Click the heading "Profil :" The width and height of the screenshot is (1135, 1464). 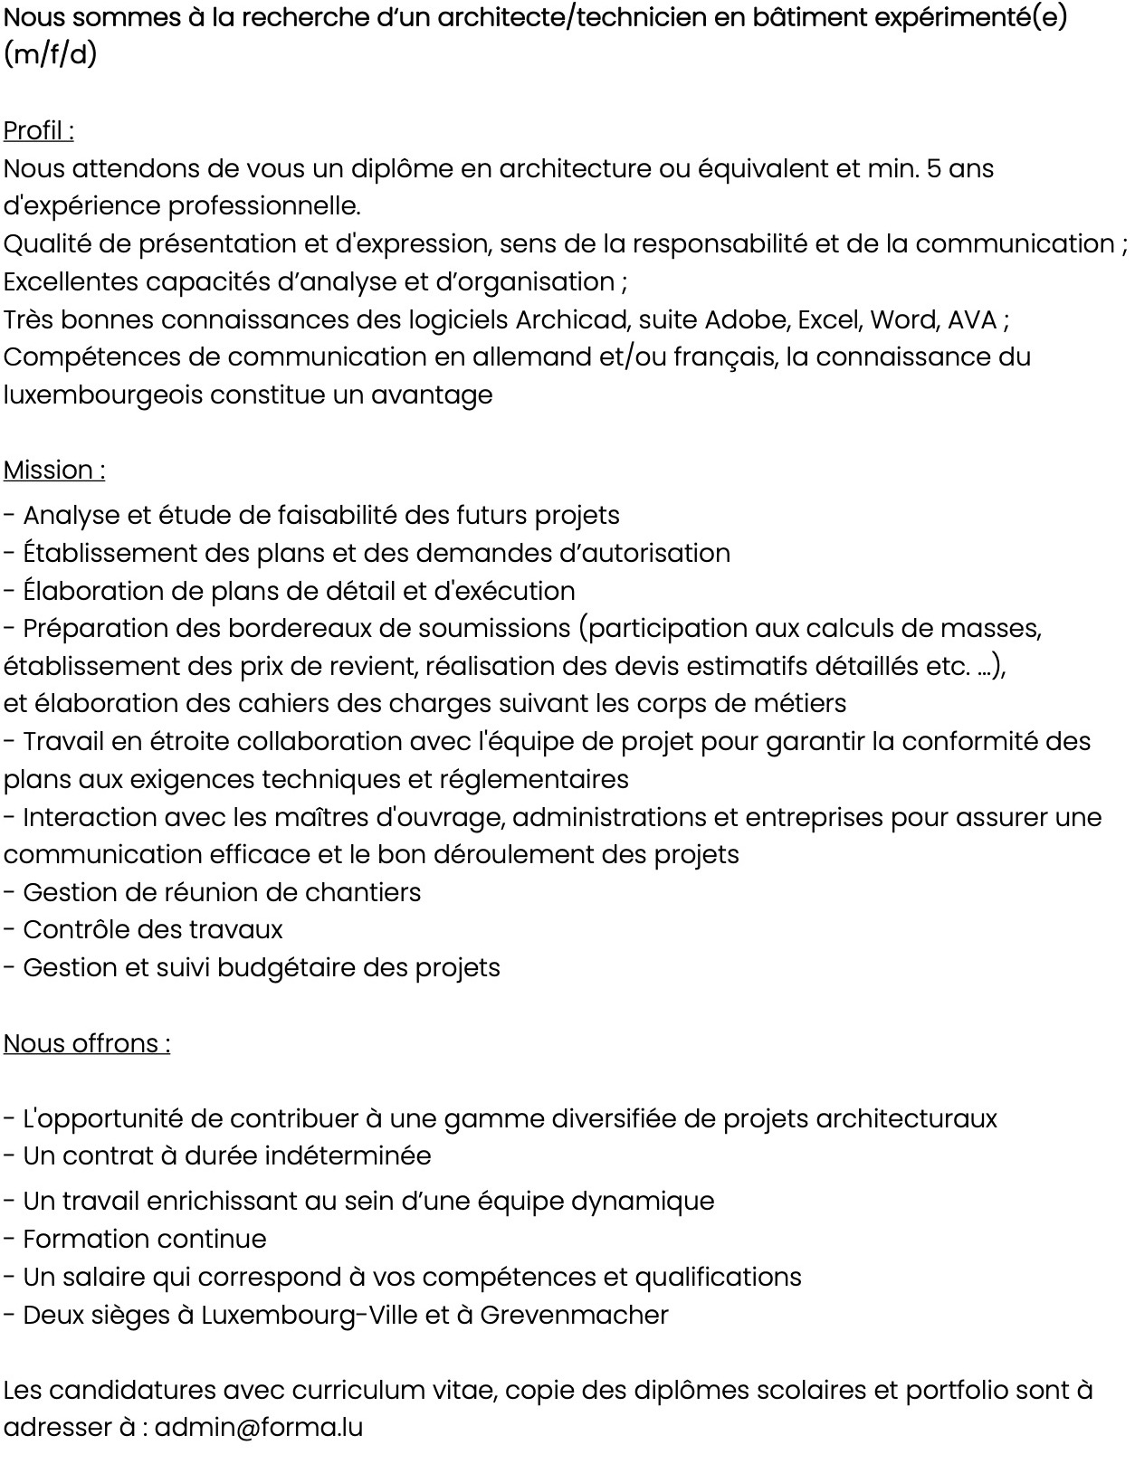[x=39, y=131]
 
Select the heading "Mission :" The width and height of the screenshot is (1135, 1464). [x=54, y=471]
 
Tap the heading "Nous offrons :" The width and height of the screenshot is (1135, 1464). [x=87, y=1044]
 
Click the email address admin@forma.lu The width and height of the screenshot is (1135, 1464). [x=259, y=1428]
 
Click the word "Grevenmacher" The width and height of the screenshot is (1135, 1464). [x=574, y=1315]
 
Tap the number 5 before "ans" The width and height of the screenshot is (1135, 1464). [x=932, y=169]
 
